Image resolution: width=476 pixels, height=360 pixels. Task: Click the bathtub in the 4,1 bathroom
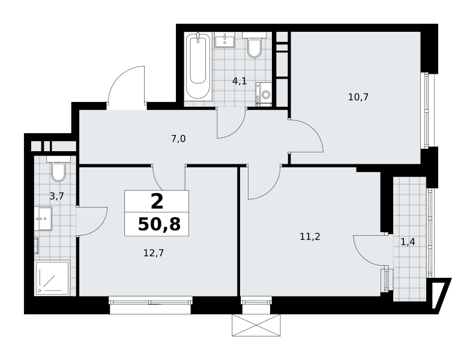click(x=198, y=66)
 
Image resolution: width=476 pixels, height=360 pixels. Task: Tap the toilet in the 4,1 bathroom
click(x=254, y=45)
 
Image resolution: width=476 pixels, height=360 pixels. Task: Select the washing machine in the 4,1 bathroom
click(x=264, y=94)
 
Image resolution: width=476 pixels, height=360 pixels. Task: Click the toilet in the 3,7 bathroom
click(x=58, y=169)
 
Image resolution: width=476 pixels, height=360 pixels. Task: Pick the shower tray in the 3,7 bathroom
click(x=53, y=278)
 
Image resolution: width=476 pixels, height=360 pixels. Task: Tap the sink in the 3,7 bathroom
click(x=43, y=218)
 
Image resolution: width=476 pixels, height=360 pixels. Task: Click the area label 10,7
click(x=358, y=97)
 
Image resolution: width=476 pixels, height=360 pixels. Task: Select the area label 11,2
click(x=310, y=236)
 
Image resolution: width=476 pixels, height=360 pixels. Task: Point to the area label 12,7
click(x=154, y=253)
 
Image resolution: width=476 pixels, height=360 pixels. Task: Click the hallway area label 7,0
click(x=178, y=139)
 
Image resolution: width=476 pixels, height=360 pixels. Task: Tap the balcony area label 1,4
click(x=408, y=242)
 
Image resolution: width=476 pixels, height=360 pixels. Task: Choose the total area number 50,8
click(x=160, y=224)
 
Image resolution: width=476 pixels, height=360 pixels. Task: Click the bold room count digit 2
click(x=157, y=202)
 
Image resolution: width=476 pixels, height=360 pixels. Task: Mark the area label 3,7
click(x=57, y=196)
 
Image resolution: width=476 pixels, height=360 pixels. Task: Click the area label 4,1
click(x=240, y=81)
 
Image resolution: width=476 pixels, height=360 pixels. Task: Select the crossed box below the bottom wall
click(x=256, y=325)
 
